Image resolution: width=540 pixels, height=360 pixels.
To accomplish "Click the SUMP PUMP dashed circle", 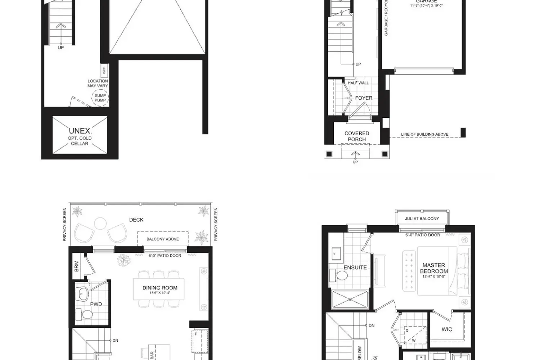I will coord(100,98).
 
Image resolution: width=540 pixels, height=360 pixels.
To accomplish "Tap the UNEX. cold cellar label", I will coord(80,131).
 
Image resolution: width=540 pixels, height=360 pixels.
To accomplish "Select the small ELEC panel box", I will coord(104,71).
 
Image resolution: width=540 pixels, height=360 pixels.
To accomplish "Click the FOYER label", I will coord(364,98).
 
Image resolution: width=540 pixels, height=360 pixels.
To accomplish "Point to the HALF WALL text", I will coord(358,83).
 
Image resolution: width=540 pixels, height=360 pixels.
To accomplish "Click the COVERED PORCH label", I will coord(357,136).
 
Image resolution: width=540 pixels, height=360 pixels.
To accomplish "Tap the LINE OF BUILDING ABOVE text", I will coord(424,134).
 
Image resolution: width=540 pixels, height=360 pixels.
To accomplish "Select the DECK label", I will coord(136,220).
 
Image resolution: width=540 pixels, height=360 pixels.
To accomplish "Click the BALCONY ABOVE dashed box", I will coord(162,238).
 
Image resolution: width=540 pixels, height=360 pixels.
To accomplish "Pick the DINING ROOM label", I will coord(160,288).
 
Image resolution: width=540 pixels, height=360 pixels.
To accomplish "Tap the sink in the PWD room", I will coord(83,293).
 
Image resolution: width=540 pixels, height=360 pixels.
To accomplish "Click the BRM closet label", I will coord(77,266).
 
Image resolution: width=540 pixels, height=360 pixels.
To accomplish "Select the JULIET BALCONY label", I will coord(422,219).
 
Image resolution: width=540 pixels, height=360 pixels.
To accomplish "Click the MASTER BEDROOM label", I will coord(434,268).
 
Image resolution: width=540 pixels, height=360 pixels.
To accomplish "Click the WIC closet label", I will coord(447,329).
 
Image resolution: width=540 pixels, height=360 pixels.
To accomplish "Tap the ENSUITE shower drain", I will coord(350,299).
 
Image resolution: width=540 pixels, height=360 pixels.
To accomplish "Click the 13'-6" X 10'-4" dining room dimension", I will coord(160,293).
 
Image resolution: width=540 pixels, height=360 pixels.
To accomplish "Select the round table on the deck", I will coord(100,224).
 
